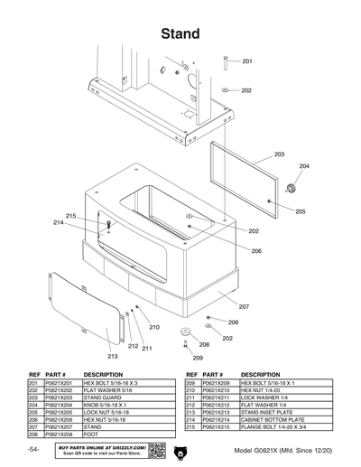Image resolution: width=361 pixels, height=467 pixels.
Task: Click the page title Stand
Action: (180, 34)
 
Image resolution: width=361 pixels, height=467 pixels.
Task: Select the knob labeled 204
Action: (291, 188)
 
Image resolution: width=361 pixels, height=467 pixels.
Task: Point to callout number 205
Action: (300, 211)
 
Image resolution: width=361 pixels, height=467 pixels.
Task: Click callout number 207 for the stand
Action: (244, 306)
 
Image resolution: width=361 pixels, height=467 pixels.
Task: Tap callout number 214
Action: (58, 222)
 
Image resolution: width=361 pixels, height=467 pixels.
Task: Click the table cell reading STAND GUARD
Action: (103, 397)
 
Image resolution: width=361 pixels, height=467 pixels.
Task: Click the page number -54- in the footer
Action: (33, 450)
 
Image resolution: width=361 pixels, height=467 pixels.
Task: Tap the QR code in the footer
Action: (154, 450)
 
